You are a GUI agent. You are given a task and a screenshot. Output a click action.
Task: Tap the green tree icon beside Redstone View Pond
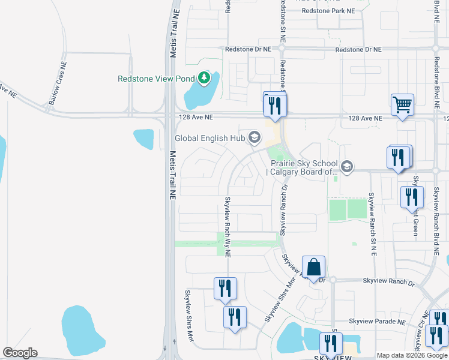click(x=204, y=78)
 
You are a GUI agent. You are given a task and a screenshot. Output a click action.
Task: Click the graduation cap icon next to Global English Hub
click(x=254, y=138)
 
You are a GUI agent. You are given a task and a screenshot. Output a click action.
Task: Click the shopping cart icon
click(x=402, y=104)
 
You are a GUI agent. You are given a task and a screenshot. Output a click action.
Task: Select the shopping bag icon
click(x=313, y=266)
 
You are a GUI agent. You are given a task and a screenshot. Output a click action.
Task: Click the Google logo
click(x=20, y=353)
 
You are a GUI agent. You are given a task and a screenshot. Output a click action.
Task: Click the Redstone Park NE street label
click(x=328, y=11)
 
